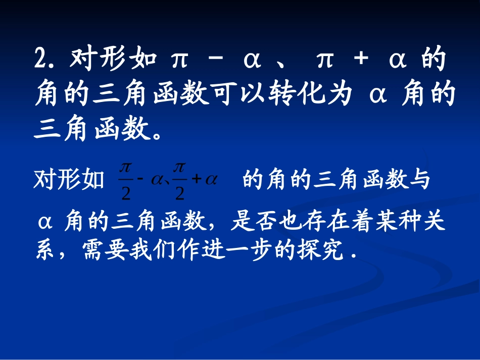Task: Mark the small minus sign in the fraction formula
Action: tap(141, 180)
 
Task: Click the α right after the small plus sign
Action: tap(210, 180)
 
